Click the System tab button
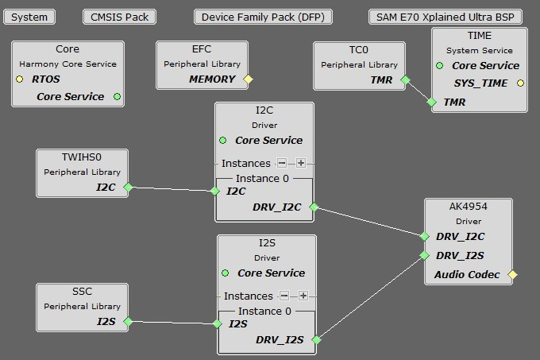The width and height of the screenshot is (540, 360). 29,17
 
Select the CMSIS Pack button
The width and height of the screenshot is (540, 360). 119,17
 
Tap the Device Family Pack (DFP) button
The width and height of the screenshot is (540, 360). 262,17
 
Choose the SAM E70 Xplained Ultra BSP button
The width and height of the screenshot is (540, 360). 445,17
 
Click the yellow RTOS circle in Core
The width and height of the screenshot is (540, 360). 19,79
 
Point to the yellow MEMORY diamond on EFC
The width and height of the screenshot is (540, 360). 248,79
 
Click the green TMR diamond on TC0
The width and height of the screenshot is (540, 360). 406,80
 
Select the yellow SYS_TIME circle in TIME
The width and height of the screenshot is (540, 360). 521,83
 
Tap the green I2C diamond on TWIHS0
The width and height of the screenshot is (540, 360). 127,188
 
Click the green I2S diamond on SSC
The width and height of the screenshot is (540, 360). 127,322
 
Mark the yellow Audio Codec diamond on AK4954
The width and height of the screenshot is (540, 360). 512,275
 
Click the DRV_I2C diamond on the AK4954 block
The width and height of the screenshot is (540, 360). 426,236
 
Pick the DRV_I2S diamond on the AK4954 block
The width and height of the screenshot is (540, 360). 426,255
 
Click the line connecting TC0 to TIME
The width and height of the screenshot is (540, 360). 418,91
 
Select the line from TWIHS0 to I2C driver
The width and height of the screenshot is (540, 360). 171,189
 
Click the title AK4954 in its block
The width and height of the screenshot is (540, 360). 468,205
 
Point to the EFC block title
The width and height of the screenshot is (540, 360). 202,49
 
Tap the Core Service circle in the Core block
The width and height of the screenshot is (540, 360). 117,97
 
